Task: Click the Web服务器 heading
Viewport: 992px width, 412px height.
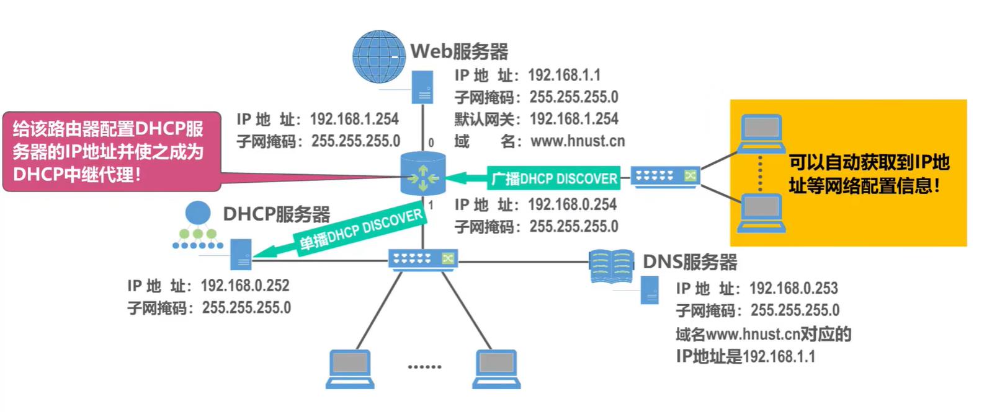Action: click(459, 51)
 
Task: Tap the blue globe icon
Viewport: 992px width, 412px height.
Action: click(378, 56)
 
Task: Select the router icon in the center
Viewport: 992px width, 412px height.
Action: click(423, 174)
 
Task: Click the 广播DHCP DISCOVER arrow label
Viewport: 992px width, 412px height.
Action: click(554, 178)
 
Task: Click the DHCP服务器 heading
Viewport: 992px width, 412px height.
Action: click(276, 214)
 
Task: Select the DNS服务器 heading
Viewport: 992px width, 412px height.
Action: click(690, 261)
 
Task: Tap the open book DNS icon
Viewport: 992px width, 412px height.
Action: click(611, 266)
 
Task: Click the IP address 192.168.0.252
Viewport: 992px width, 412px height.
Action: click(245, 286)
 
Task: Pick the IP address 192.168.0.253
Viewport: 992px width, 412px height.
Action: click(793, 288)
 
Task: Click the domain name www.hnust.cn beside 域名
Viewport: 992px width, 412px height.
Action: click(578, 141)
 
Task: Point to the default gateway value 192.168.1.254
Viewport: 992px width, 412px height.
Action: click(574, 119)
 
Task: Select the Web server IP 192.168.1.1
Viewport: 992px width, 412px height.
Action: click(564, 76)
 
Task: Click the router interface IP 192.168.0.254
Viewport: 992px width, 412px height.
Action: click(572, 204)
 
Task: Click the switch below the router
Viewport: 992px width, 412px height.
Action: click(423, 258)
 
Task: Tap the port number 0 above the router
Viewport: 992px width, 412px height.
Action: click(431, 143)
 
